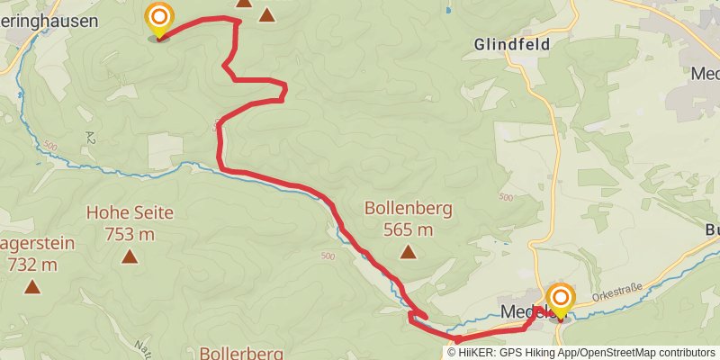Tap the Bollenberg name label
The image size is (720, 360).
click(408, 208)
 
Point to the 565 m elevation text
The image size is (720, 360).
click(408, 229)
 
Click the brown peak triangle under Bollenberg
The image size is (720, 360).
click(408, 252)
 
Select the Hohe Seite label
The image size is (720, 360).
click(130, 213)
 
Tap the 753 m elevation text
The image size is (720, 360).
click(130, 235)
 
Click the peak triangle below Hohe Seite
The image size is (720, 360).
click(130, 258)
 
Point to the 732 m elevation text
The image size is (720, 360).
click(32, 265)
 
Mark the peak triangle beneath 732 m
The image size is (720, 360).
click(32, 287)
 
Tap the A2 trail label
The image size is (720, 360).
click(91, 135)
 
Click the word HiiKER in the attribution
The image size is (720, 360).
click(479, 353)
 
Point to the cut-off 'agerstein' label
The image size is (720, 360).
click(38, 243)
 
